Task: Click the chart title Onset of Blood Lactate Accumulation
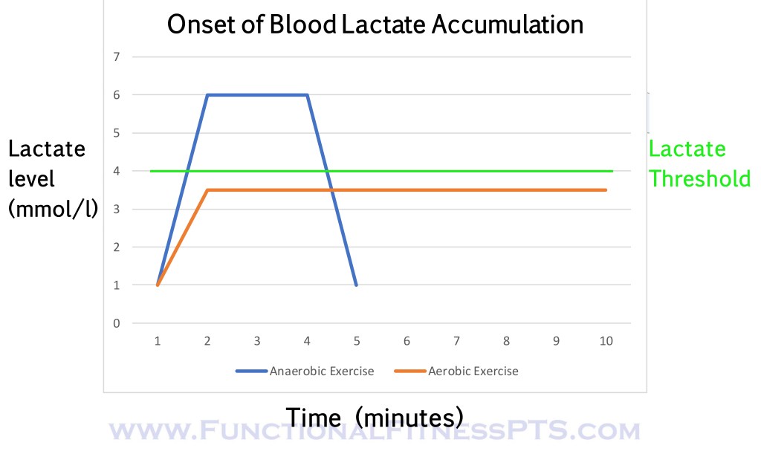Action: [375, 25]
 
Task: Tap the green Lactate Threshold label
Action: [699, 163]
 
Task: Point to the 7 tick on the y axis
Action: [116, 56]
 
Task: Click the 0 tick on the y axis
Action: [116, 323]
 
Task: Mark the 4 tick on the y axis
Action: [116, 171]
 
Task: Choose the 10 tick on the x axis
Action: [606, 341]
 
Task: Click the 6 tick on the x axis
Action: [407, 341]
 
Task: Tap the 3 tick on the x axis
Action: [257, 341]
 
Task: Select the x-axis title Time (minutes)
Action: [375, 416]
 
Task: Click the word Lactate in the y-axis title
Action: [47, 149]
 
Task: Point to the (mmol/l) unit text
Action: [53, 209]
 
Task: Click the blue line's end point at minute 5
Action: [357, 285]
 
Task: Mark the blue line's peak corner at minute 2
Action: [207, 94]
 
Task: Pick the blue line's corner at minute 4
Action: [307, 94]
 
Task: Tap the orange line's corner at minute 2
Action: [207, 190]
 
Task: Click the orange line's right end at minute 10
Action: [606, 190]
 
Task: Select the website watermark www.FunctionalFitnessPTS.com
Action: [375, 431]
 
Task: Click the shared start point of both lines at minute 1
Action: [158, 285]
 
